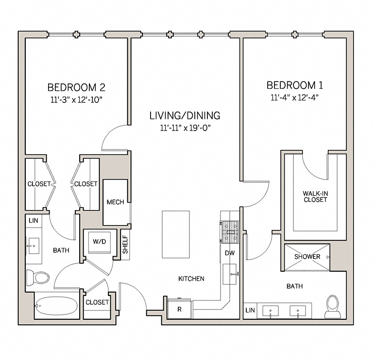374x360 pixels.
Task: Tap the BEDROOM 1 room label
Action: [x=295, y=85]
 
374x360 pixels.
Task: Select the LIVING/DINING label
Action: [x=185, y=115]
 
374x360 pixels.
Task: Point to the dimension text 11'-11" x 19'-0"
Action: [x=185, y=128]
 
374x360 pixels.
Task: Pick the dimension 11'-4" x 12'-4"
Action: [x=295, y=97]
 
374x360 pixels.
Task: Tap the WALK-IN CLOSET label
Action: [x=315, y=196]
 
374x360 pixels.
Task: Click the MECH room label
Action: [x=115, y=202]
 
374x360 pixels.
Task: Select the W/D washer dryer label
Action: [x=100, y=241]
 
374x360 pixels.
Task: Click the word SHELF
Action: [x=125, y=245]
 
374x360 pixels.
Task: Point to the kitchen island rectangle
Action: [x=175, y=234]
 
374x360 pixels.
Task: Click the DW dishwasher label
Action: [x=229, y=253]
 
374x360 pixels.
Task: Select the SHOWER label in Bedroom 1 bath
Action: [x=307, y=257]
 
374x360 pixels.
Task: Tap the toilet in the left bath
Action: [x=39, y=278]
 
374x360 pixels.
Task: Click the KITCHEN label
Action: [x=191, y=278]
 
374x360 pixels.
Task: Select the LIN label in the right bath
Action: [x=250, y=310]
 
